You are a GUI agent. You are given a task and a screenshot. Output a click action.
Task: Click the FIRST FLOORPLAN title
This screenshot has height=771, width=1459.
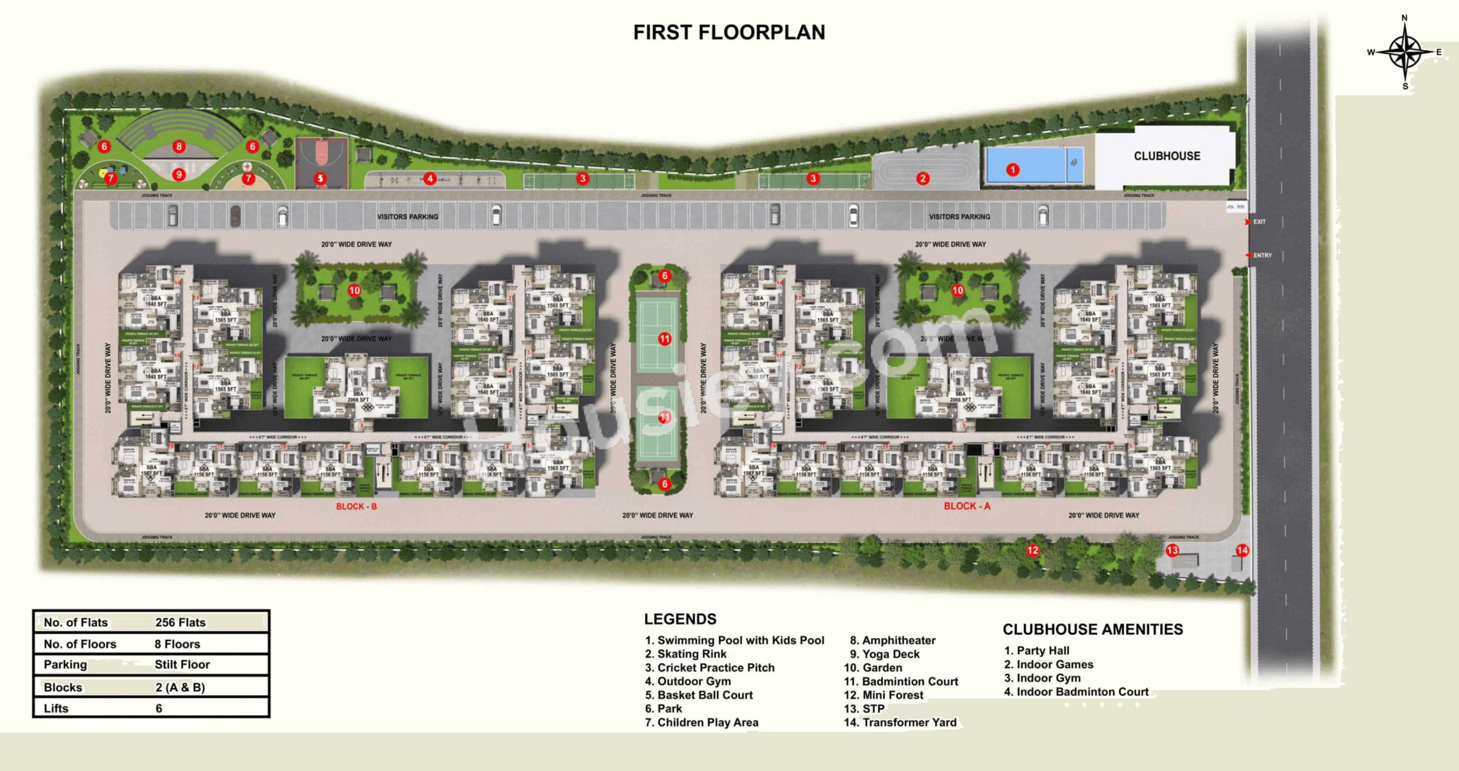pos(729,32)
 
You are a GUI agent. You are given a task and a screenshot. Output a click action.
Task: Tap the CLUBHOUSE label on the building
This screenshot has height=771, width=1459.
pos(1167,156)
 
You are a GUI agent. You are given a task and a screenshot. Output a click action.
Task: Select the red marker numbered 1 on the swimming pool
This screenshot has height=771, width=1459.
pos(1013,169)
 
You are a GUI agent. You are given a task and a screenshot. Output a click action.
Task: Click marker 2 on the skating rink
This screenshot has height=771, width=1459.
pos(923,178)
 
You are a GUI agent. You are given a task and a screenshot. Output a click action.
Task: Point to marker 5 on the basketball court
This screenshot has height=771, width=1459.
pos(320,178)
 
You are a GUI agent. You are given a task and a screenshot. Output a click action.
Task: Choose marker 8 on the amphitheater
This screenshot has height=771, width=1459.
pos(179,147)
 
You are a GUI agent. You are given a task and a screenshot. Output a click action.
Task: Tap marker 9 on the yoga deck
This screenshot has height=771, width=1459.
pos(179,174)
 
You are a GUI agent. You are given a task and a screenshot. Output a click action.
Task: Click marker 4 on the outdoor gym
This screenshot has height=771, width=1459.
pos(430,178)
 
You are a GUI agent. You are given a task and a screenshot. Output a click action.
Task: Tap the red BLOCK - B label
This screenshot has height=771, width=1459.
pos(356,506)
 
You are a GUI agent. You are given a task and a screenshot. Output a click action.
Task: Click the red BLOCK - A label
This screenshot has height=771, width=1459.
pos(967,506)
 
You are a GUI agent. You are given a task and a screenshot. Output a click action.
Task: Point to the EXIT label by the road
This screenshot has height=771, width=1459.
pos(1259,222)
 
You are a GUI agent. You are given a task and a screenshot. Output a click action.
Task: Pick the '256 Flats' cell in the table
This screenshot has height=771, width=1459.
pos(180,622)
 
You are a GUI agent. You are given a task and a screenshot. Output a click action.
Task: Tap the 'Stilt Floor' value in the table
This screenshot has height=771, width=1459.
pos(182,665)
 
